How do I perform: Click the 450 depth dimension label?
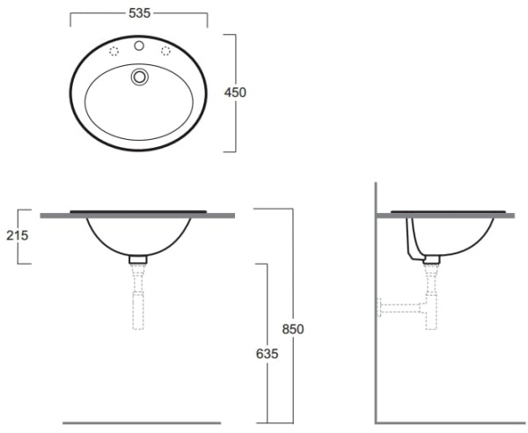235,92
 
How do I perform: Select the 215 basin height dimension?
17,236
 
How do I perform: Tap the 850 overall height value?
292,329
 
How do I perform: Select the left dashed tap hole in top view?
113,52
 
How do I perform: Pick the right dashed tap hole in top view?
165,52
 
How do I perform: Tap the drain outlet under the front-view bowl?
138,260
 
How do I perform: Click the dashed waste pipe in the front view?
138,304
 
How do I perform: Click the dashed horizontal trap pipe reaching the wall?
400,308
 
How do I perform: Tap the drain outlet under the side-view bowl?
431,260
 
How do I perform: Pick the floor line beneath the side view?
449,423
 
